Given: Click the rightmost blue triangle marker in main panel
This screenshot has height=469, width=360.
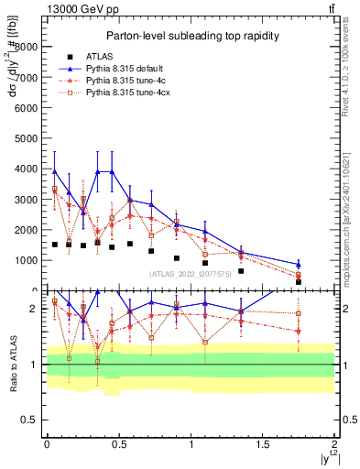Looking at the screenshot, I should pyautogui.click(x=323, y=265).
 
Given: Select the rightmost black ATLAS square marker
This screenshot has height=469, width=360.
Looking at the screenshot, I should pyautogui.click(x=323, y=281).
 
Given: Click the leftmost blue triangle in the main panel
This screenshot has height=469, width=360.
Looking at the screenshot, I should pyautogui.click(x=55, y=171).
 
